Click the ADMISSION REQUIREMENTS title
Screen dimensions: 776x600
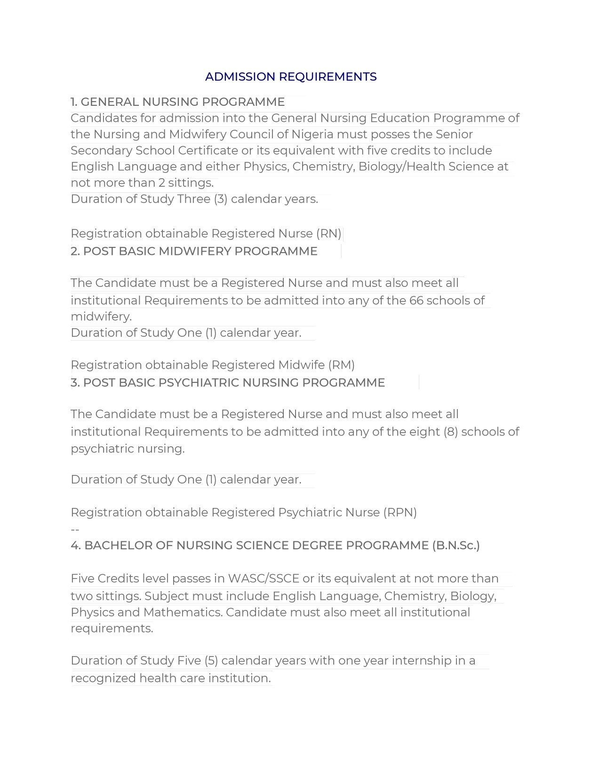pos(291,77)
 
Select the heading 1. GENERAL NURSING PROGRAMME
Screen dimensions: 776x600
pos(177,102)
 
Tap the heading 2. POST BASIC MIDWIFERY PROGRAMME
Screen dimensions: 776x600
pos(194,251)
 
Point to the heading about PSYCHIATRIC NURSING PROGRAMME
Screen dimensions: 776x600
pos(228,382)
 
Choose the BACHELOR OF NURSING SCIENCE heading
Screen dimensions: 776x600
pos(275,546)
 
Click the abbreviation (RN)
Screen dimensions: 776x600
pos(328,234)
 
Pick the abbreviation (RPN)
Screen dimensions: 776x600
pos(400,512)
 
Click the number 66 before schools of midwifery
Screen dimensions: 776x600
pos(416,301)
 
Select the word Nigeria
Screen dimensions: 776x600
pos(312,135)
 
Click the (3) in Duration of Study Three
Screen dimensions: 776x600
pos(221,199)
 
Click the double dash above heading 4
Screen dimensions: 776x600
pos(75,530)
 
